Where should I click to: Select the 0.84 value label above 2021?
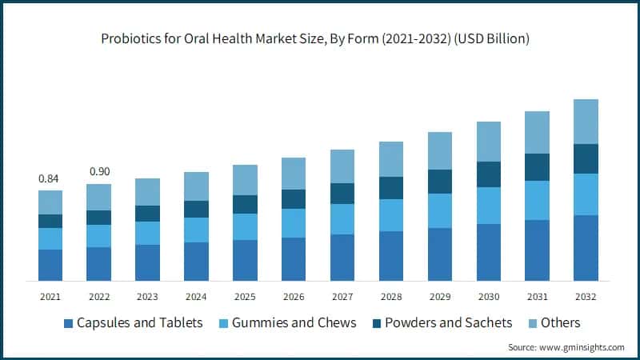(x=50, y=178)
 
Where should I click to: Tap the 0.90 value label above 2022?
(x=98, y=171)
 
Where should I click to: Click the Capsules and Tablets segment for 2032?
(x=586, y=247)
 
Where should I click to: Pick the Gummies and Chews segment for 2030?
(x=488, y=206)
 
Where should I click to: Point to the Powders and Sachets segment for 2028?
(x=391, y=188)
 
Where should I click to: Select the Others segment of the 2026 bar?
(x=294, y=174)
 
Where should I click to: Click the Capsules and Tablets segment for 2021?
(x=50, y=265)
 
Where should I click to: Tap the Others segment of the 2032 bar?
(x=586, y=122)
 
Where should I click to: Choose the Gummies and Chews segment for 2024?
(x=196, y=230)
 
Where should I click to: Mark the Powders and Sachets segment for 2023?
(x=147, y=214)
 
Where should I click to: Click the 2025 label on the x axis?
(x=245, y=297)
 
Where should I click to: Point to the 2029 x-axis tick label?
(x=439, y=297)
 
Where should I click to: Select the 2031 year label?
(x=537, y=297)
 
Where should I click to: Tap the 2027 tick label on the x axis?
(x=342, y=297)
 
